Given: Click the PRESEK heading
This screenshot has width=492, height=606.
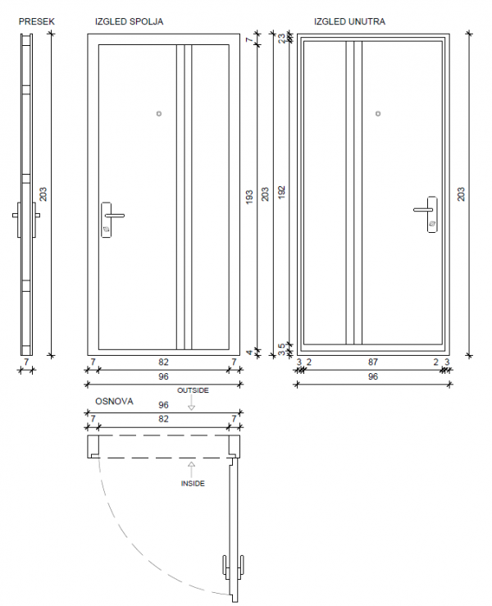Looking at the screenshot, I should click(36, 21).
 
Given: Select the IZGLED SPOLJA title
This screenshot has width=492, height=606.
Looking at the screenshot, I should click(129, 21).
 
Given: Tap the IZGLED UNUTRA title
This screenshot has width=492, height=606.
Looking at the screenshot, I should click(349, 21).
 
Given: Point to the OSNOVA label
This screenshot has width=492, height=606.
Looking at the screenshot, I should click(115, 403).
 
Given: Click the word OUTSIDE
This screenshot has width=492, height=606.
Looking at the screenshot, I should click(193, 390).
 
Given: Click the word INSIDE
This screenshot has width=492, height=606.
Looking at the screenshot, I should click(193, 484).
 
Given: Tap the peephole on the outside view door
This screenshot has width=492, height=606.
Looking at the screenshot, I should click(159, 114).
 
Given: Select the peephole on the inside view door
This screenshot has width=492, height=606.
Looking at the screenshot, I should click(378, 114).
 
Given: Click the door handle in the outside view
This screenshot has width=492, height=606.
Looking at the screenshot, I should click(110, 217).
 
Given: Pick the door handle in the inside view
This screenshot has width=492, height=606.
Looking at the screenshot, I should click(427, 213).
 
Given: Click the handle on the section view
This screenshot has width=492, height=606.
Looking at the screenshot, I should click(26, 216).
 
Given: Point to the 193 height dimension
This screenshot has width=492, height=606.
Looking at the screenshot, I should click(249, 198).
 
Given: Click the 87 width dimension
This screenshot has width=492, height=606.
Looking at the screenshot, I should click(373, 362).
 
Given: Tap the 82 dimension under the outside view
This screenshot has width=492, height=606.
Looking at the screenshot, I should click(163, 362).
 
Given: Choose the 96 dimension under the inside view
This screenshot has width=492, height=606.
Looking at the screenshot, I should click(373, 377).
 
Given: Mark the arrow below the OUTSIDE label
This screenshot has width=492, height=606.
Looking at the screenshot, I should click(192, 405).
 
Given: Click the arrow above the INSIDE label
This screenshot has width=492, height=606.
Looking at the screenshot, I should click(192, 469).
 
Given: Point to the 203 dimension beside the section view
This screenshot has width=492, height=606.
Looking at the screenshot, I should click(43, 194).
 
